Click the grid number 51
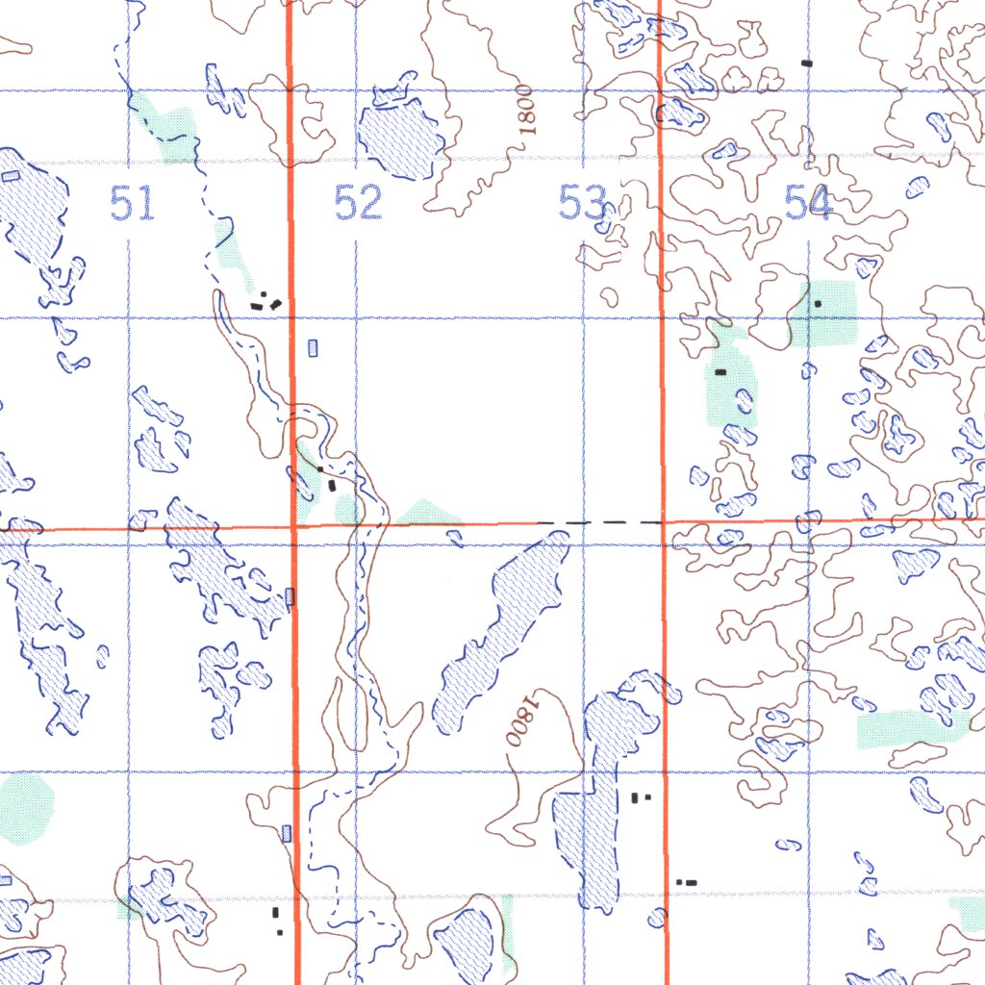click(133, 204)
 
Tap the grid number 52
click(359, 204)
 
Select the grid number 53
click(583, 204)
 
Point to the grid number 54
click(808, 204)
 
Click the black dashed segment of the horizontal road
click(598, 522)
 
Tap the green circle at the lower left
click(24, 808)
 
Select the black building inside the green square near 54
click(818, 304)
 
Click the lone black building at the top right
click(807, 63)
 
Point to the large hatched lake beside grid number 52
click(399, 138)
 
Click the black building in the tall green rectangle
click(720, 371)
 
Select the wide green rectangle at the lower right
click(909, 729)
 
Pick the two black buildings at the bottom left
click(277, 919)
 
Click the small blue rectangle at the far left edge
click(11, 176)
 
